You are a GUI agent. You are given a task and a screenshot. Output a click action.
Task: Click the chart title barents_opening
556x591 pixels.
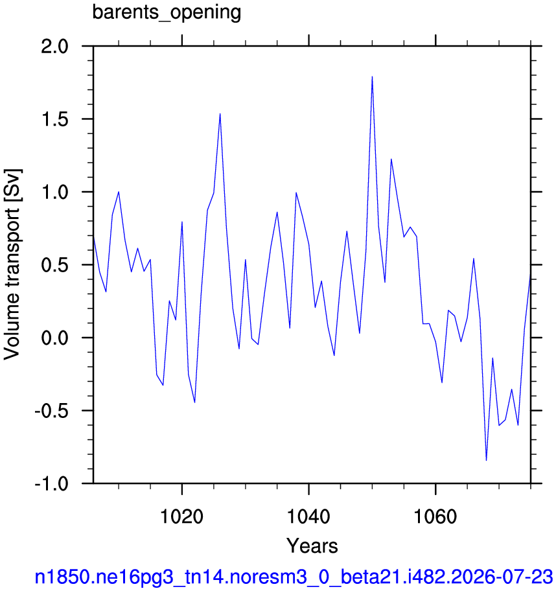167,12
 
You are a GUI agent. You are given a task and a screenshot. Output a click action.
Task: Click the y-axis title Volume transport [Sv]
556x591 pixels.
12,264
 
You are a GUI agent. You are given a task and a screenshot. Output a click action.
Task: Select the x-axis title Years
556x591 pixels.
312,546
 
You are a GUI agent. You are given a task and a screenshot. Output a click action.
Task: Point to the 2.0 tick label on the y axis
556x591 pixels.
55,47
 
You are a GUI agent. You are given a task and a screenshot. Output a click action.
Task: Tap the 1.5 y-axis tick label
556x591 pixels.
55,119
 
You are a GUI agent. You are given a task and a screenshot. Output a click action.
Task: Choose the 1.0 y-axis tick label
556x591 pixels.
55,192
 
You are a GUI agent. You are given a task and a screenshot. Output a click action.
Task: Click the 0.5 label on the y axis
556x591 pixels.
55,265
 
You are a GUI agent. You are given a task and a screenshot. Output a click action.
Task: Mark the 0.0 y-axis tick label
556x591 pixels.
55,338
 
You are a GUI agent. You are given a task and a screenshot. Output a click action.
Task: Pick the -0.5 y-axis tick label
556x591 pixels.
52,410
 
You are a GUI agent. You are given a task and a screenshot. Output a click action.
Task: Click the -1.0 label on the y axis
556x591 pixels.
52,483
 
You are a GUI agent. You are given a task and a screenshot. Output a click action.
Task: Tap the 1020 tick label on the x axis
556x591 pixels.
181,516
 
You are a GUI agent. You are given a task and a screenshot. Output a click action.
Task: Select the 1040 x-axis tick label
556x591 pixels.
308,516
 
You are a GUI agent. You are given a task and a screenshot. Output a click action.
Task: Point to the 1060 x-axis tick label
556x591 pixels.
435,516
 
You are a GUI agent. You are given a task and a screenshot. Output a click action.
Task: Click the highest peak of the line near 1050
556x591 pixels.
372,76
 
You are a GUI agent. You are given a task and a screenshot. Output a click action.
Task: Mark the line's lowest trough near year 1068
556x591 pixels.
486,460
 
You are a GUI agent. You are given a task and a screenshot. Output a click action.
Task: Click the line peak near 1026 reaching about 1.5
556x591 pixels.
220,113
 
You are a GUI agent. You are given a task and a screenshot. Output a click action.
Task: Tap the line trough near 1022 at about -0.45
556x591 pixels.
194,402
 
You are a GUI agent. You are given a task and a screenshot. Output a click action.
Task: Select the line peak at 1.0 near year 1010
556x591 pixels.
119,192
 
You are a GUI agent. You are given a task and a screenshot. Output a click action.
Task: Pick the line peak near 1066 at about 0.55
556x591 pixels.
474,259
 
